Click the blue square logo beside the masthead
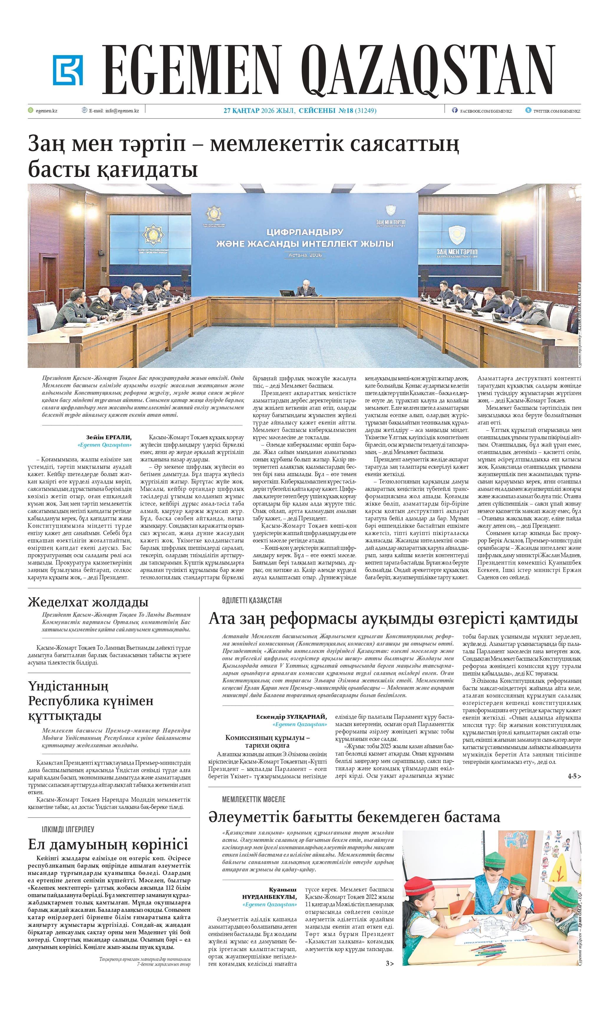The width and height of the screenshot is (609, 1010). [67, 70]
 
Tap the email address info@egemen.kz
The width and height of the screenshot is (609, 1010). [122, 111]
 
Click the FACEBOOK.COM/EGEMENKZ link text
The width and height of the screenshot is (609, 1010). [486, 111]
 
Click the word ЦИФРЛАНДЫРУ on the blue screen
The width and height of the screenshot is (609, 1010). [305, 232]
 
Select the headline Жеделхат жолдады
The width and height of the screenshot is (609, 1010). [88, 602]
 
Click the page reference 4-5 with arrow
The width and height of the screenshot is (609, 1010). [574, 776]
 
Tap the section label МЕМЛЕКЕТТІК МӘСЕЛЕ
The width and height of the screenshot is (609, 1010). [253, 799]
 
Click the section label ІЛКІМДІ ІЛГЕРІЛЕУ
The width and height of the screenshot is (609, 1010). [68, 829]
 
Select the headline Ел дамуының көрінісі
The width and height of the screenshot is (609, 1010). [108, 844]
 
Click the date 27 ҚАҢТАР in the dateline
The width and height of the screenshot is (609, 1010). [241, 111]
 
